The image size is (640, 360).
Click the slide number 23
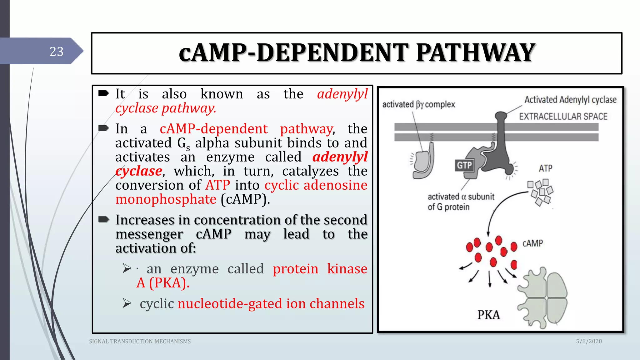point(57,52)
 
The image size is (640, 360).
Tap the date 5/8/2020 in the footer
point(589,341)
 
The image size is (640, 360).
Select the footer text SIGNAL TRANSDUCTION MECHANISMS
point(140,342)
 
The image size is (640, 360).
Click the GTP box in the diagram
point(464,165)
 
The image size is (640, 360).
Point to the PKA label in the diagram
point(488,315)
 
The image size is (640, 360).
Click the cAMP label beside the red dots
point(532,243)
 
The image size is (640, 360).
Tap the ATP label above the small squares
point(545,168)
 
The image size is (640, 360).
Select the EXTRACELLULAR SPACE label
point(563,117)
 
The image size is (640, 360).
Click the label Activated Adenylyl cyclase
point(570,100)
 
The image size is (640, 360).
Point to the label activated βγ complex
point(418,104)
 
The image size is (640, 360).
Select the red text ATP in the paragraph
point(218,185)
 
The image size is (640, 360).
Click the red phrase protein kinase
point(320,269)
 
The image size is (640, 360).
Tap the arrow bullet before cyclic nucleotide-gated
point(127,303)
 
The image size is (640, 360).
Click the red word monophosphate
point(166,199)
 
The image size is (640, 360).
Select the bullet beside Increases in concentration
point(104,220)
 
